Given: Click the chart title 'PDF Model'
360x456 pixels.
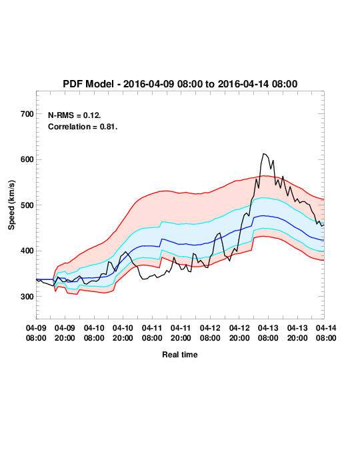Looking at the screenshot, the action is coord(88,84).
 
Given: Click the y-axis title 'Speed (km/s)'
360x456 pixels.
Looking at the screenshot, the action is coord(11,205).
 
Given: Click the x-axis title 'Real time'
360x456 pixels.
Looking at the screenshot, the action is coord(180,355).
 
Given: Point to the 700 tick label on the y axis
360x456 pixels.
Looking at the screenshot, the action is coord(27,114).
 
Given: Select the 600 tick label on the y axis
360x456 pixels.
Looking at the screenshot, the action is coord(27,159).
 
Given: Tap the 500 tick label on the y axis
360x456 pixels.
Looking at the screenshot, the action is coord(27,205).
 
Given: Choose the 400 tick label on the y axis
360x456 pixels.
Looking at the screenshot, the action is coord(27,251).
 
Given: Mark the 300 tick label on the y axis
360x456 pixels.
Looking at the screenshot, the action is coord(27,297).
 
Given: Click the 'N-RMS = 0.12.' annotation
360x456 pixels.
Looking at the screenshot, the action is coord(75,115).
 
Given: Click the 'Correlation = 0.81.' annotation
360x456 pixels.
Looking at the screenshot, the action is coord(83,127).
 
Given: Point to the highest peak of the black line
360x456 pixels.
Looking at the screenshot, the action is coord(264,153).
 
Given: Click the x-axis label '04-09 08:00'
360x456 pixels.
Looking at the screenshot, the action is coord(36,333).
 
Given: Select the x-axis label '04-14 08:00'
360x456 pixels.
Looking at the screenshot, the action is coord(326,333).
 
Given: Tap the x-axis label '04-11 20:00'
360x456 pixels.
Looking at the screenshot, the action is coord(181,333).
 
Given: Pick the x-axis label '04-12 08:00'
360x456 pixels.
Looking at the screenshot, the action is coord(210,333).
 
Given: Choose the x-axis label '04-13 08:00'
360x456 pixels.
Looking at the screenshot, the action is coord(268,333).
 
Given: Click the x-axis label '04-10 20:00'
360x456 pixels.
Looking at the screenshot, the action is coord(123,333).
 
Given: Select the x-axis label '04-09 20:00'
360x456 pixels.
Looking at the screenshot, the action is coord(65,333).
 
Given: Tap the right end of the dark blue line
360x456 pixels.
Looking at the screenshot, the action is coord(324,240).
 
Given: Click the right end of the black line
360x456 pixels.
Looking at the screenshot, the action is coord(324,225).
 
